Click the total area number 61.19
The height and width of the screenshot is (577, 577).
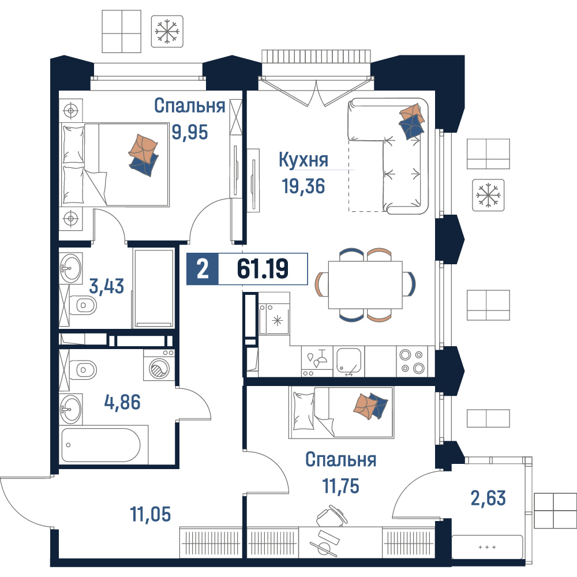[263, 268]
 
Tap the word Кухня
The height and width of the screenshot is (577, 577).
[304, 160]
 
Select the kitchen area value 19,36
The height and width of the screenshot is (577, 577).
[304, 186]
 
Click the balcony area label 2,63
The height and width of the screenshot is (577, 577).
[488, 498]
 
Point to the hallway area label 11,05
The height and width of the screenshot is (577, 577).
[151, 514]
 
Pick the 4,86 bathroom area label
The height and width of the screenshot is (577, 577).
[122, 402]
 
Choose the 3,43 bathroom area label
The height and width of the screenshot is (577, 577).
[107, 286]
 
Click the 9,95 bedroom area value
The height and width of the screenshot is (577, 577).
[190, 132]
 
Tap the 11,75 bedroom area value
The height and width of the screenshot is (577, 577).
[341, 486]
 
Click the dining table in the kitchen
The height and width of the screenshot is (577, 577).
[365, 285]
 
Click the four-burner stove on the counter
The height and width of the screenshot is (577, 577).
[412, 361]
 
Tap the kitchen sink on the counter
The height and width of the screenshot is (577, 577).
[349, 361]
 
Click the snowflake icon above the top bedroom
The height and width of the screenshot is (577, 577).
[167, 31]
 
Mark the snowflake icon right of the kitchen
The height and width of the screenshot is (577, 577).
[488, 195]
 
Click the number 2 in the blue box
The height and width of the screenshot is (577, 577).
[203, 269]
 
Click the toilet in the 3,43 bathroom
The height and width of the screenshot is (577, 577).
[84, 305]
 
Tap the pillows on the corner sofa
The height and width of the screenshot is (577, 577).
[412, 121]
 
